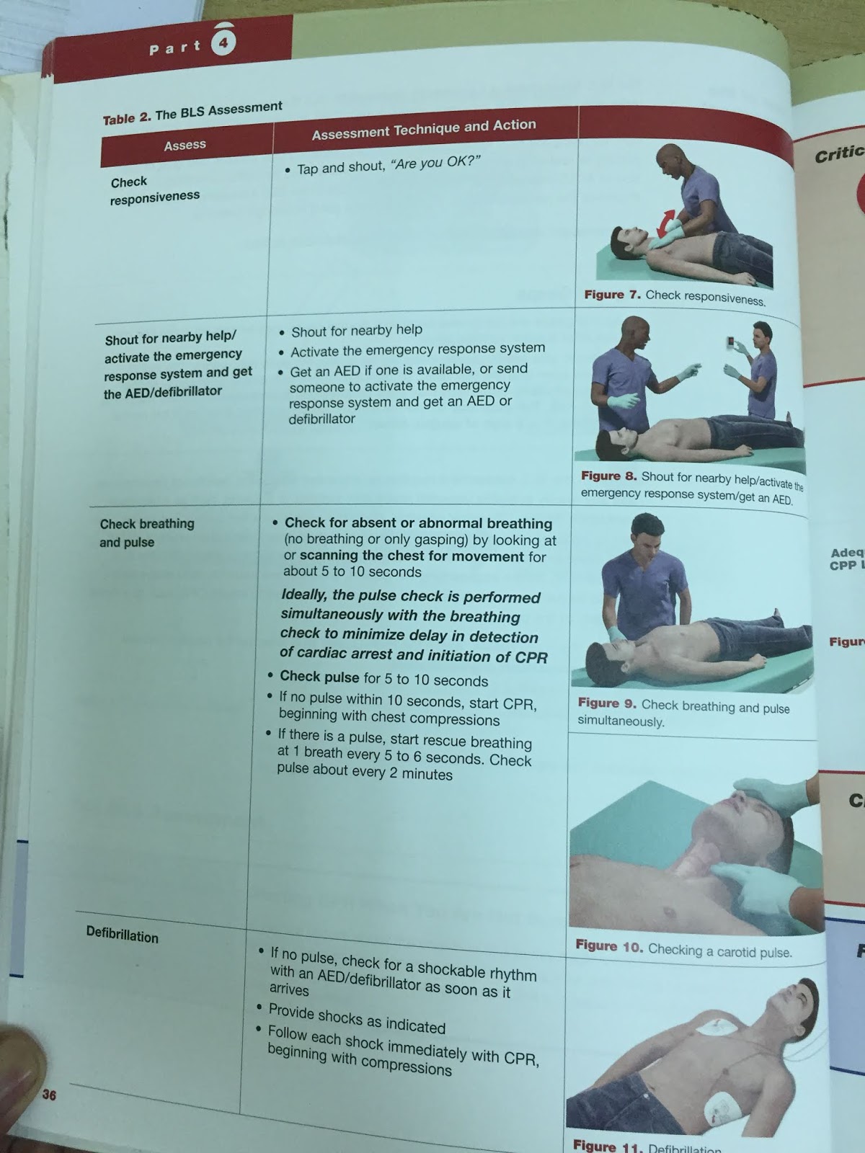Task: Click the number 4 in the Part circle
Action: point(223,43)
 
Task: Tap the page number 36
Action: point(49,1095)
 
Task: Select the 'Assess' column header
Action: point(185,145)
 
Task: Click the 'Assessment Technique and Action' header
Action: point(424,129)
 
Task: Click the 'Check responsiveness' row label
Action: point(155,189)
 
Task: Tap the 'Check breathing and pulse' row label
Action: point(147,533)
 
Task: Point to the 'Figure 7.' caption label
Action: point(613,295)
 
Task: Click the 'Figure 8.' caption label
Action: point(608,476)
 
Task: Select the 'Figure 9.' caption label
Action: point(607,703)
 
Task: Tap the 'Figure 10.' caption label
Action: point(609,946)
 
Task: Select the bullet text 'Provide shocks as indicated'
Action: point(357,1018)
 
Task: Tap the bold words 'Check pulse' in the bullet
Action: point(319,677)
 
